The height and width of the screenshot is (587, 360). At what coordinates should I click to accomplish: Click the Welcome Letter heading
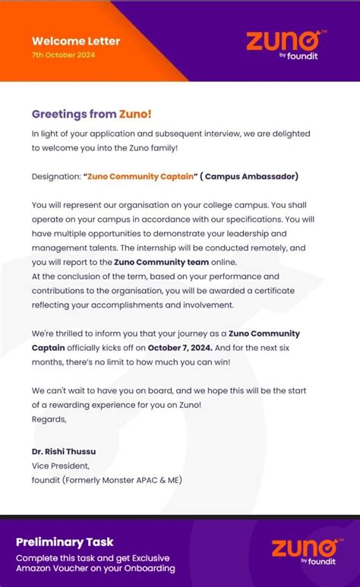[76, 42]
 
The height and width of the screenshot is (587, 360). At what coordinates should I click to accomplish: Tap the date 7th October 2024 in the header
[64, 55]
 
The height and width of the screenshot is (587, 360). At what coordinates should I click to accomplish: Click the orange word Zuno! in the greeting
[135, 114]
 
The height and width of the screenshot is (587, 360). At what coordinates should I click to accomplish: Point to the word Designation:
[55, 176]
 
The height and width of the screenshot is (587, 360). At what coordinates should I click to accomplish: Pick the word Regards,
[49, 418]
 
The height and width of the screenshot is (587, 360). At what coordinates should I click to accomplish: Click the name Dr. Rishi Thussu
[64, 451]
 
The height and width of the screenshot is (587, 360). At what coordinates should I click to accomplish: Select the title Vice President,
[60, 465]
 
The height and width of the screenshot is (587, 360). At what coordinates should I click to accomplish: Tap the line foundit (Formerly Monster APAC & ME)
[107, 480]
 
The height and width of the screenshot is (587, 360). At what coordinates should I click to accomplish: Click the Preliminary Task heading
[65, 541]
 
